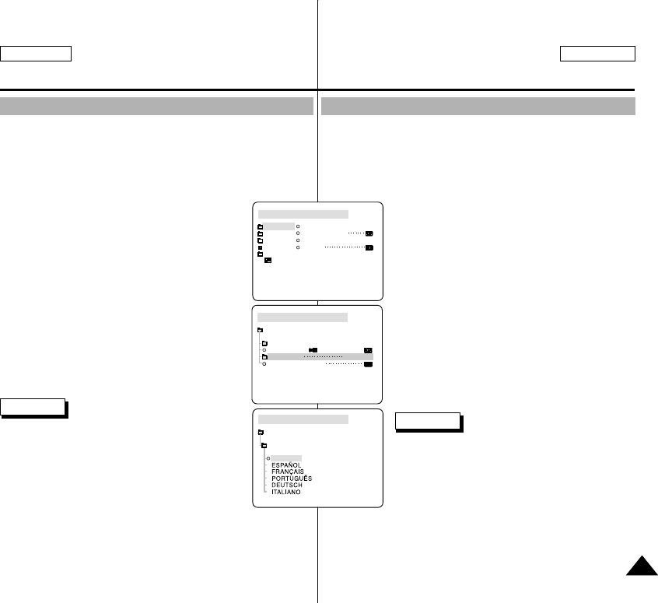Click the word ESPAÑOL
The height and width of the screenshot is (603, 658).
click(x=286, y=465)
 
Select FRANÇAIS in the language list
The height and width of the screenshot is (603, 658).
click(x=288, y=472)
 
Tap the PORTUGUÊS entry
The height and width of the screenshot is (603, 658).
click(x=292, y=479)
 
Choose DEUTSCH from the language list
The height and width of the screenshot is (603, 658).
click(x=287, y=486)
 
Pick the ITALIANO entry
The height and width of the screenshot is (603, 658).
click(x=286, y=493)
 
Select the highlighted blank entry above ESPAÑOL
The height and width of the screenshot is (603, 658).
click(x=285, y=458)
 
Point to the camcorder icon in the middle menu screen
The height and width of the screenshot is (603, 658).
click(x=313, y=350)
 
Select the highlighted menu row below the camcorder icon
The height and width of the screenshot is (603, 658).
click(x=319, y=357)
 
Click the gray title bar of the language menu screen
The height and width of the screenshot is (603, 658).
click(x=303, y=419)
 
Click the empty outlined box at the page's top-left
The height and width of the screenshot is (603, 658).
click(x=36, y=54)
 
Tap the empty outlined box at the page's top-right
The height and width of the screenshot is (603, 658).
click(x=597, y=54)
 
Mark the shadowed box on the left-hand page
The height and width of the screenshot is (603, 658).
click(x=33, y=407)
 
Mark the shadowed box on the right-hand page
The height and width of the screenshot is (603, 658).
click(x=427, y=421)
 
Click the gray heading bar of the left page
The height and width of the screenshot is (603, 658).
click(x=156, y=106)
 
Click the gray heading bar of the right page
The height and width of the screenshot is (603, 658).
click(x=478, y=106)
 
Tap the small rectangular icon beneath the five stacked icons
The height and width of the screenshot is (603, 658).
click(x=268, y=261)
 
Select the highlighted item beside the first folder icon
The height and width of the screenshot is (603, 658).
click(x=278, y=226)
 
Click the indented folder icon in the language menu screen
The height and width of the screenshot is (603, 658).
click(x=264, y=446)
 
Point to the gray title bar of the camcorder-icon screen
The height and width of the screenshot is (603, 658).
click(x=303, y=317)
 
